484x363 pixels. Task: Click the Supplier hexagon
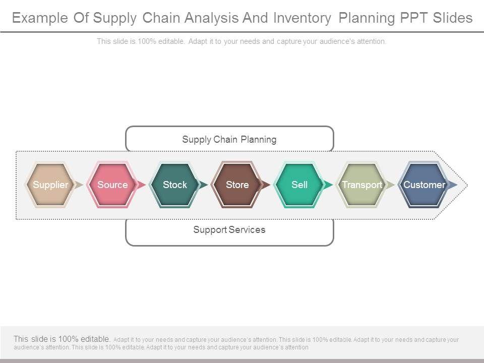(50, 185)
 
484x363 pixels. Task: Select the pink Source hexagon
(112, 185)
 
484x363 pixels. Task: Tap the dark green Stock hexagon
(175, 185)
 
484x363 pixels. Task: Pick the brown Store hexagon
(237, 185)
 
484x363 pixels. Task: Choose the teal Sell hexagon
(299, 185)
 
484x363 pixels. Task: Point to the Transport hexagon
(362, 185)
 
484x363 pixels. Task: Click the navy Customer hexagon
(424, 185)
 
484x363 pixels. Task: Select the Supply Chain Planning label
(229, 139)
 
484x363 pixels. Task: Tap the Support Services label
(229, 230)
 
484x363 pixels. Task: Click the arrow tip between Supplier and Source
(79, 185)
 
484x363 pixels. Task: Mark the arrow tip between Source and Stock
(142, 185)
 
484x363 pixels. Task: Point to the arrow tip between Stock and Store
(204, 185)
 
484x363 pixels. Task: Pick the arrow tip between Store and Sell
(266, 185)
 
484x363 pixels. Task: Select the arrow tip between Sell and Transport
(329, 185)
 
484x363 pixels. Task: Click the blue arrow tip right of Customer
(453, 185)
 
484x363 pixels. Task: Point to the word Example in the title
(39, 18)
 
